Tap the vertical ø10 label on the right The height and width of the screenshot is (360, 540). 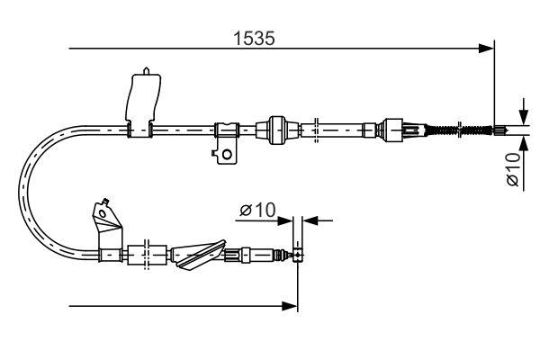coord(512,169)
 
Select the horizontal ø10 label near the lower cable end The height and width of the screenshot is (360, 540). coord(257,211)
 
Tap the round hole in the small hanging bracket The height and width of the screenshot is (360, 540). coord(227,153)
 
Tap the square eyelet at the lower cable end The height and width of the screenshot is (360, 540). coord(297,256)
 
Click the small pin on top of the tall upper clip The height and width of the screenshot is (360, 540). coord(147,68)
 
